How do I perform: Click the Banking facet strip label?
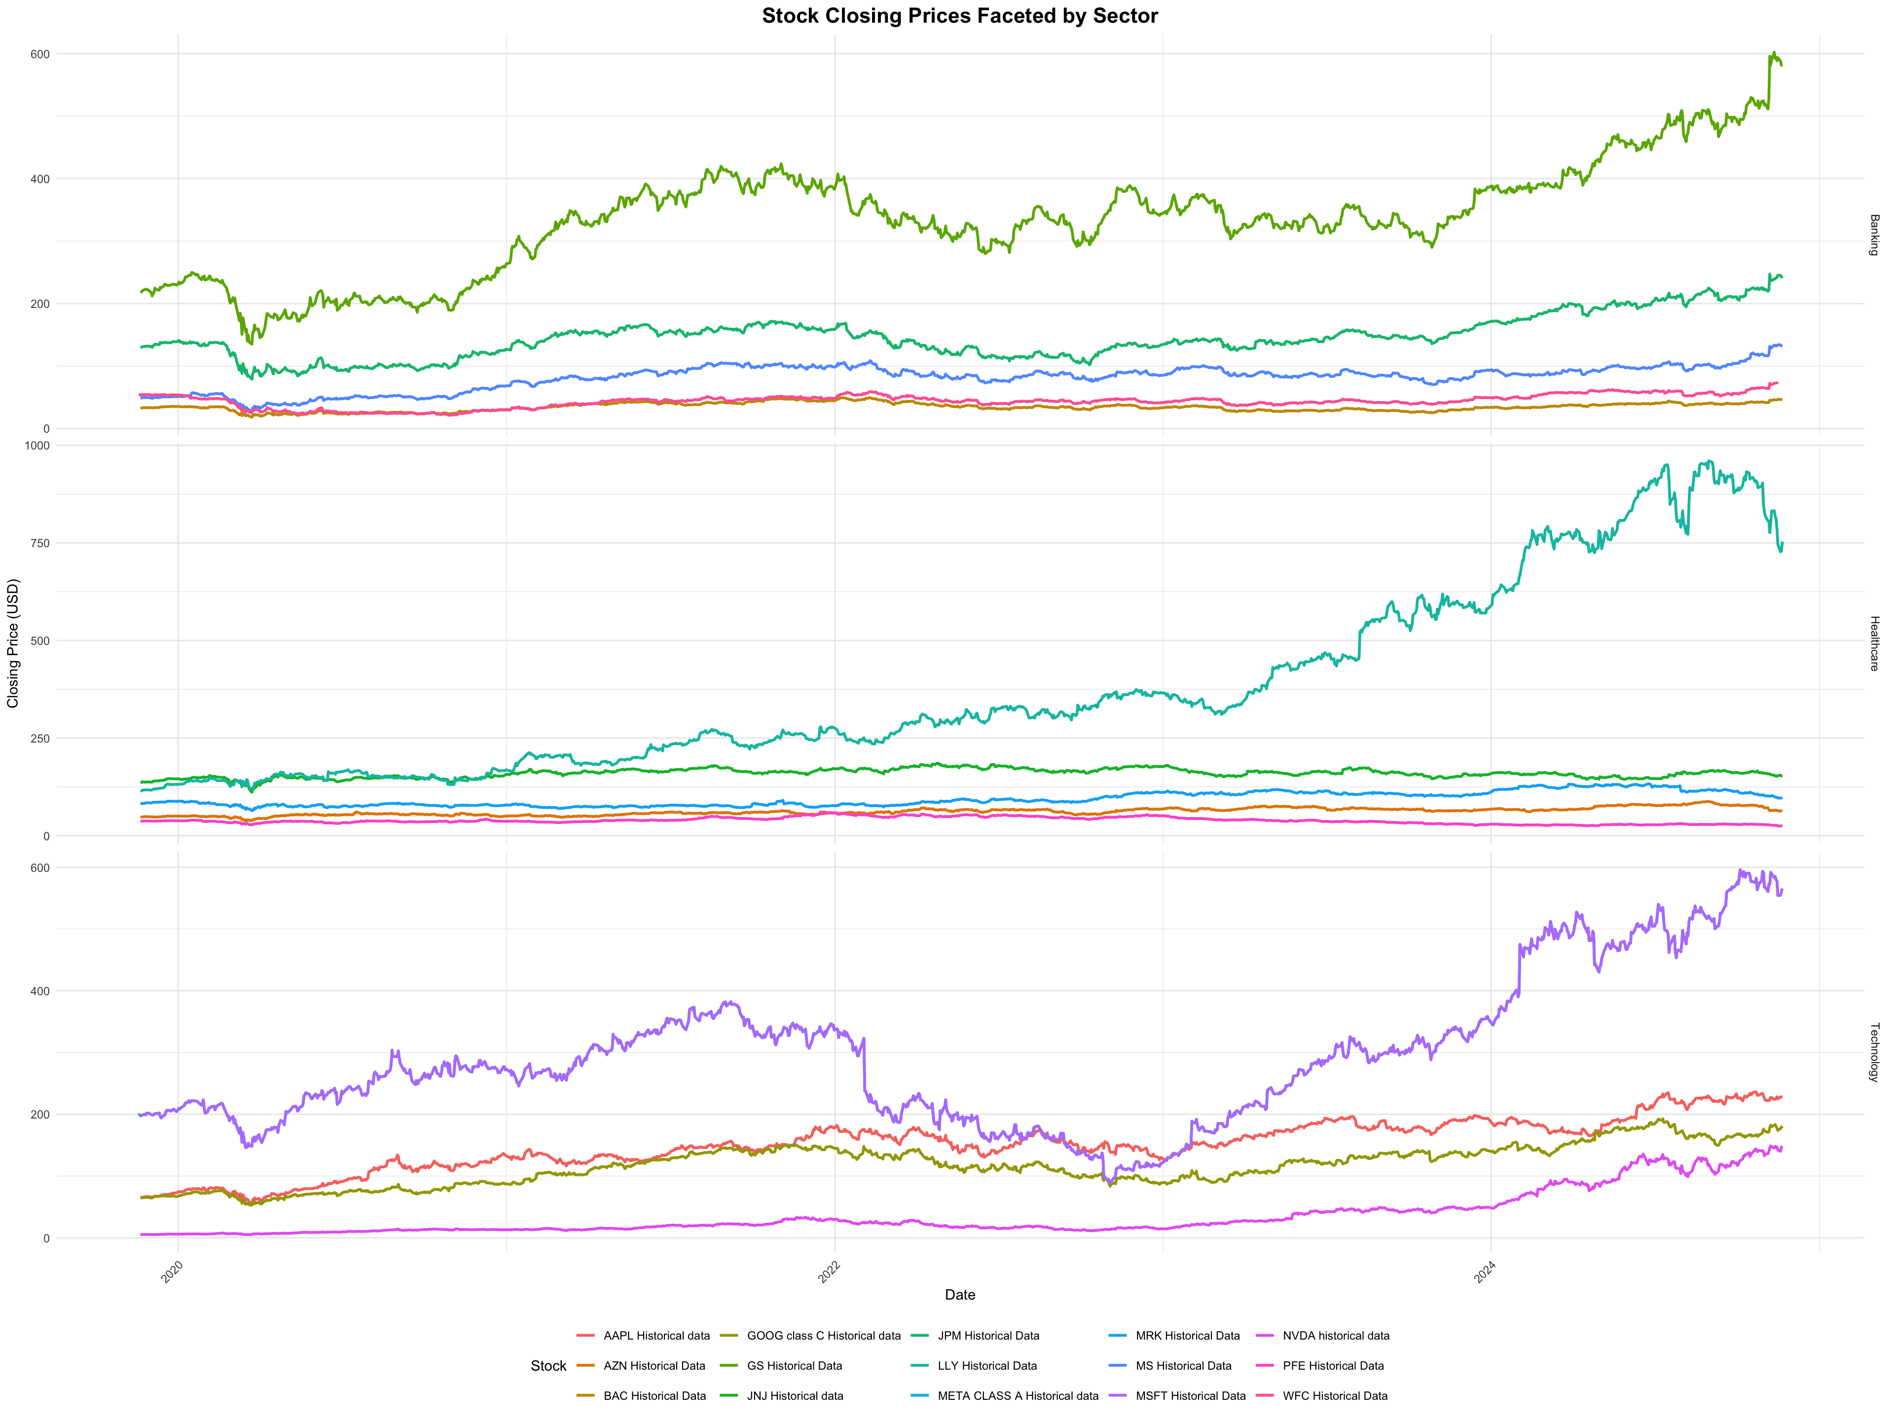coord(1873,235)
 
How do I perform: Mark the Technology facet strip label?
coord(1873,1052)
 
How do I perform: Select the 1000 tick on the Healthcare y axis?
coord(37,446)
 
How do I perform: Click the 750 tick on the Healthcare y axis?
coord(40,543)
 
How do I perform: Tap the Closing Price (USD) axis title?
coord(13,643)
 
